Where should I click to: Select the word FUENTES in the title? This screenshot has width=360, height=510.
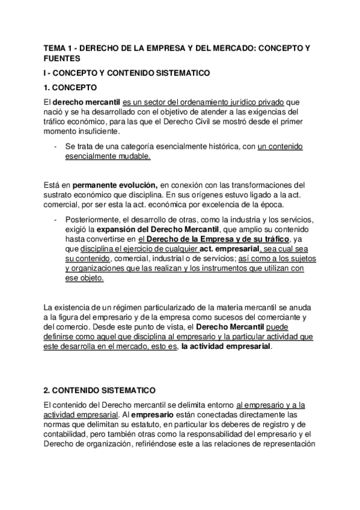coord(61,58)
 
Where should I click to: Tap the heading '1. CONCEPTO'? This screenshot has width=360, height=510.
coord(71,87)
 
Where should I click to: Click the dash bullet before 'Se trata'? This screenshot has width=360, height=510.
coord(55,146)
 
